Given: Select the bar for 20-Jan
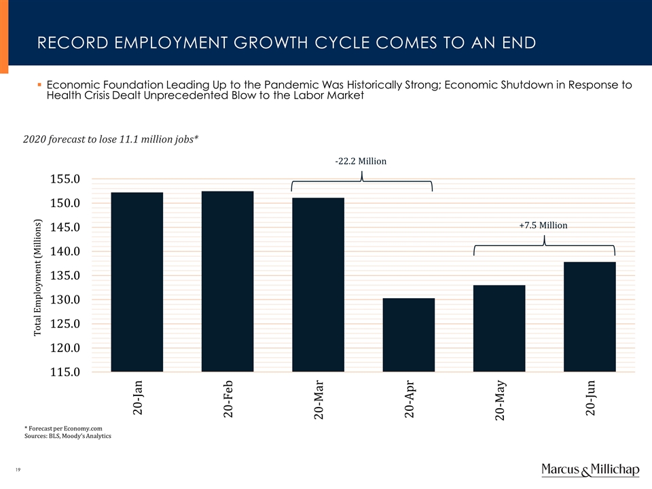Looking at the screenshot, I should coord(137,282).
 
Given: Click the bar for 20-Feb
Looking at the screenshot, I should coord(228,281).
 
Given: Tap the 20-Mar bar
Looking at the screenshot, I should coord(318,285).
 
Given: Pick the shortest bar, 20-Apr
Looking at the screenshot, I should coord(409,335).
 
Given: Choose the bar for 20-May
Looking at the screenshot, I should coord(499,328).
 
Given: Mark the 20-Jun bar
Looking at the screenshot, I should coord(590,316).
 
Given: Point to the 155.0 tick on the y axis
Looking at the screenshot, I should coord(62,179).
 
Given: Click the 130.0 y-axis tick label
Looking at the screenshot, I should coord(62,300).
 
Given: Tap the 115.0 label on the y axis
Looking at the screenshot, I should coord(62,372).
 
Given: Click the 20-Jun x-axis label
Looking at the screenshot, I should coord(590,398).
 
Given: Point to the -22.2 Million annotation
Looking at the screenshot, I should coord(361,162).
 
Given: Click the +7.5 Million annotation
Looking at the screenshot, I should coord(543,225).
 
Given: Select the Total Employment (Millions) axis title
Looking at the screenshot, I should coord(38,277).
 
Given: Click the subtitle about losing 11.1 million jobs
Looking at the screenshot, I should coord(111,139).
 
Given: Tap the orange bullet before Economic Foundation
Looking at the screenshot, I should coord(39,86).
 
